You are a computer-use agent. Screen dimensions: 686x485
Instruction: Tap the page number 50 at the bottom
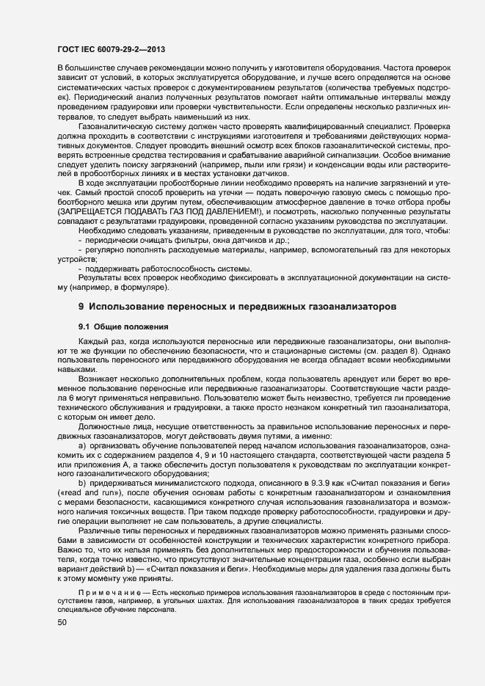coord(61,622)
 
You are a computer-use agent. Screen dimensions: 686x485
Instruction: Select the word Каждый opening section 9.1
coord(93,343)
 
